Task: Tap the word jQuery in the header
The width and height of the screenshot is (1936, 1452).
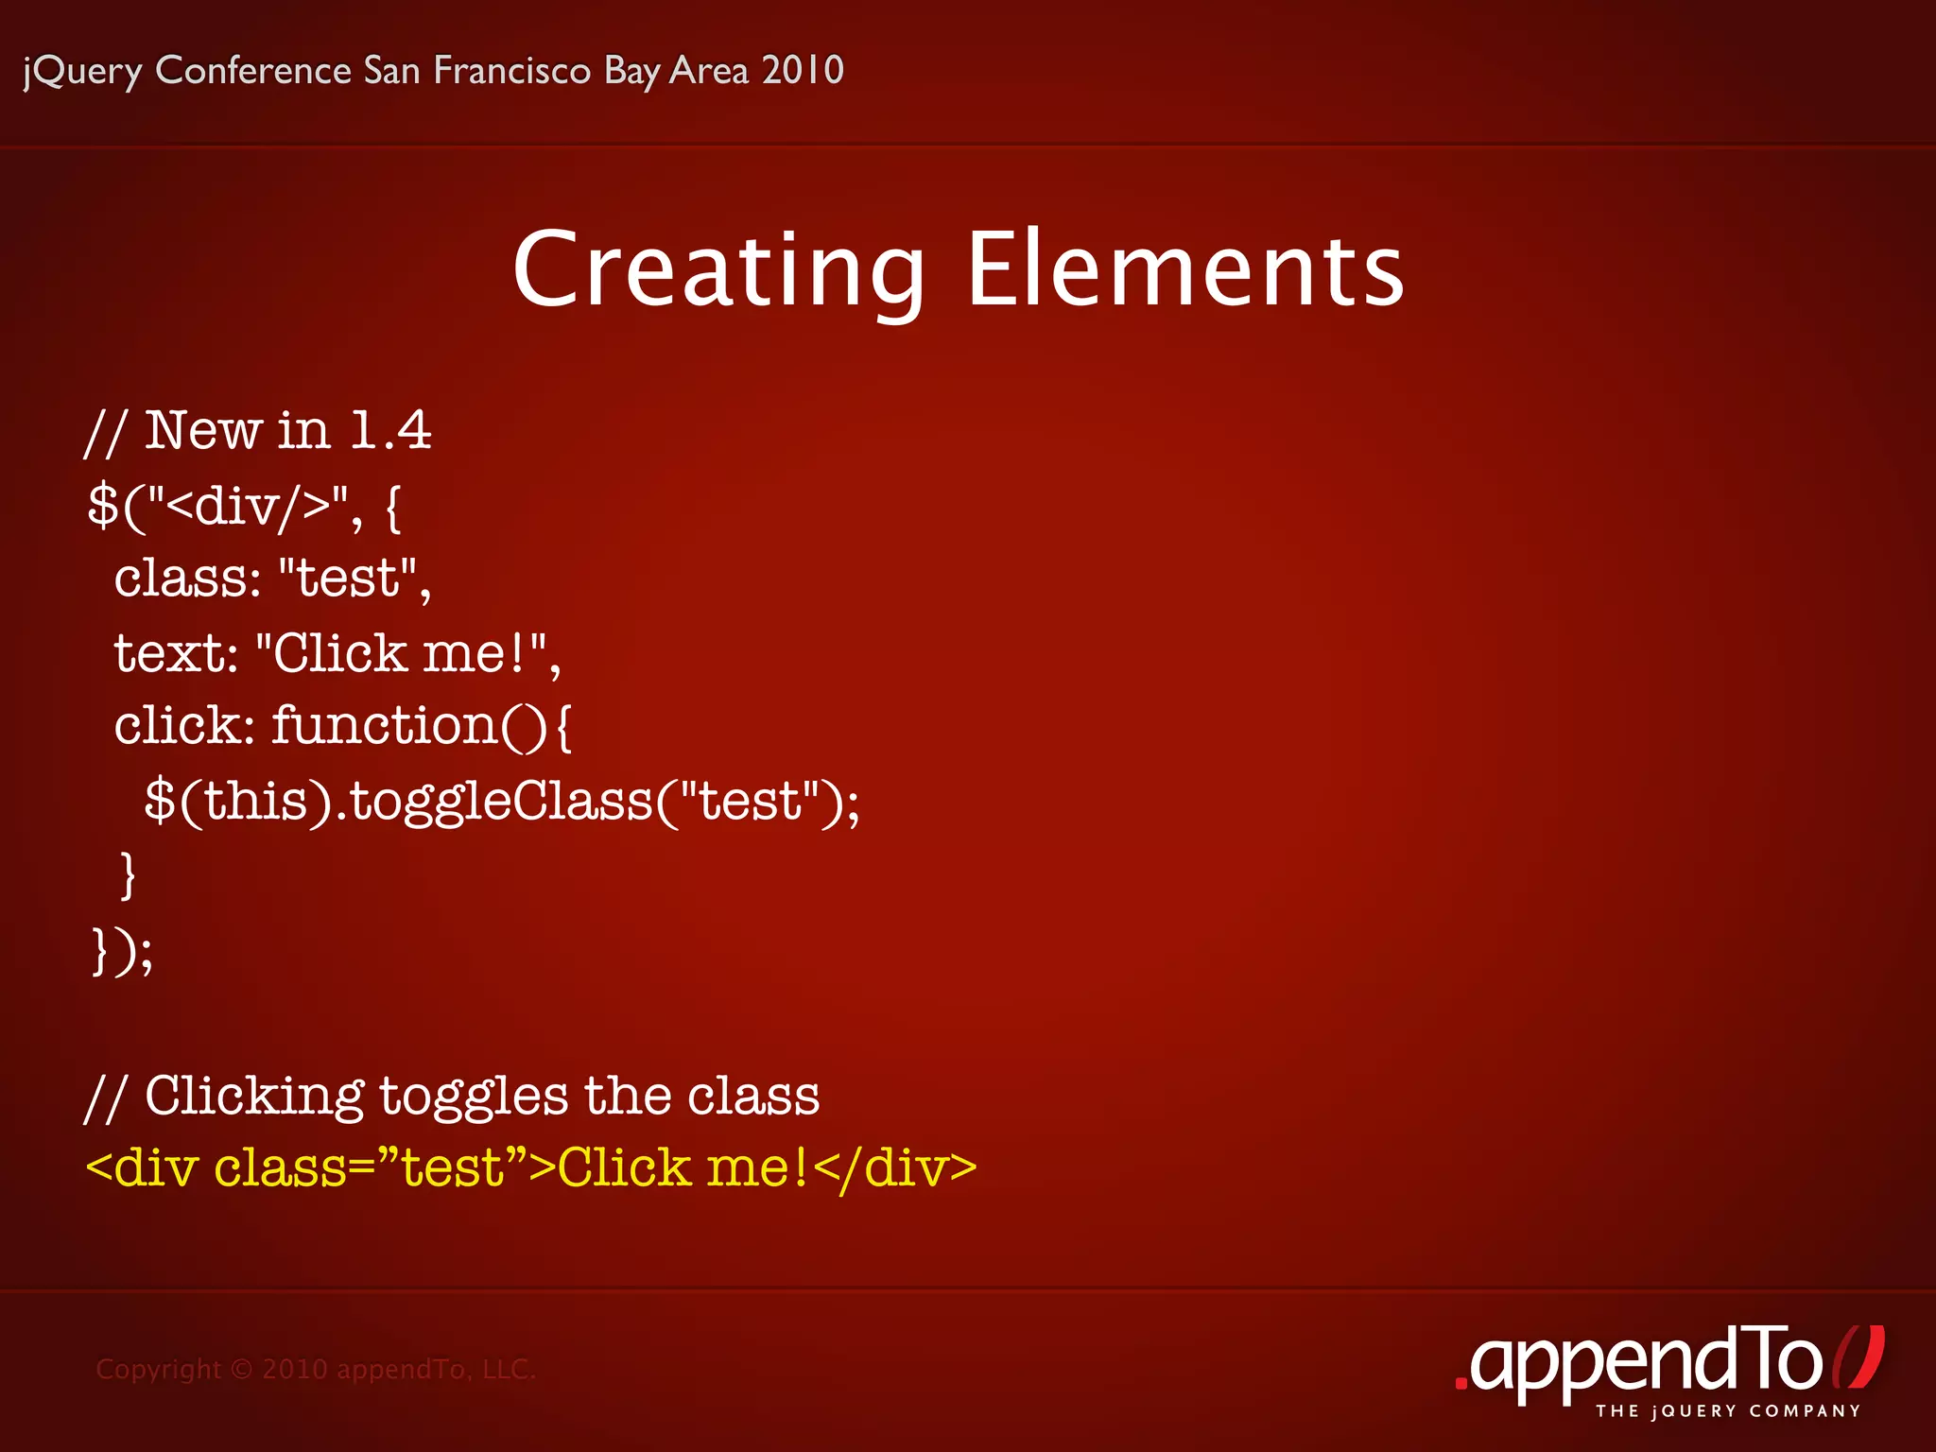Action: (83, 71)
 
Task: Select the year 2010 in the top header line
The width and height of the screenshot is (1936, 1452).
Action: (803, 70)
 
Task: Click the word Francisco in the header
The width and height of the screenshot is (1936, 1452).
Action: (512, 70)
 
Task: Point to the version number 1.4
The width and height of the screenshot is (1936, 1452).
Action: (390, 431)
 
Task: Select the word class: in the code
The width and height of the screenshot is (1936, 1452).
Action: (187, 578)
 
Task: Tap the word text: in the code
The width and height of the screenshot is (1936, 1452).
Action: (176, 652)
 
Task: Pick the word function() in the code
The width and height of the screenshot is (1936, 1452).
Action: (408, 726)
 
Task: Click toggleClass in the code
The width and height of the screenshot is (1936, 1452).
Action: (501, 802)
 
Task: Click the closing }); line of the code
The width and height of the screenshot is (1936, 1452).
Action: (121, 950)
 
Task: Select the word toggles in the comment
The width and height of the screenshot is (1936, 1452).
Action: (474, 1097)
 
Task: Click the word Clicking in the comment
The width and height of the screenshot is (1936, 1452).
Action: (253, 1097)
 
